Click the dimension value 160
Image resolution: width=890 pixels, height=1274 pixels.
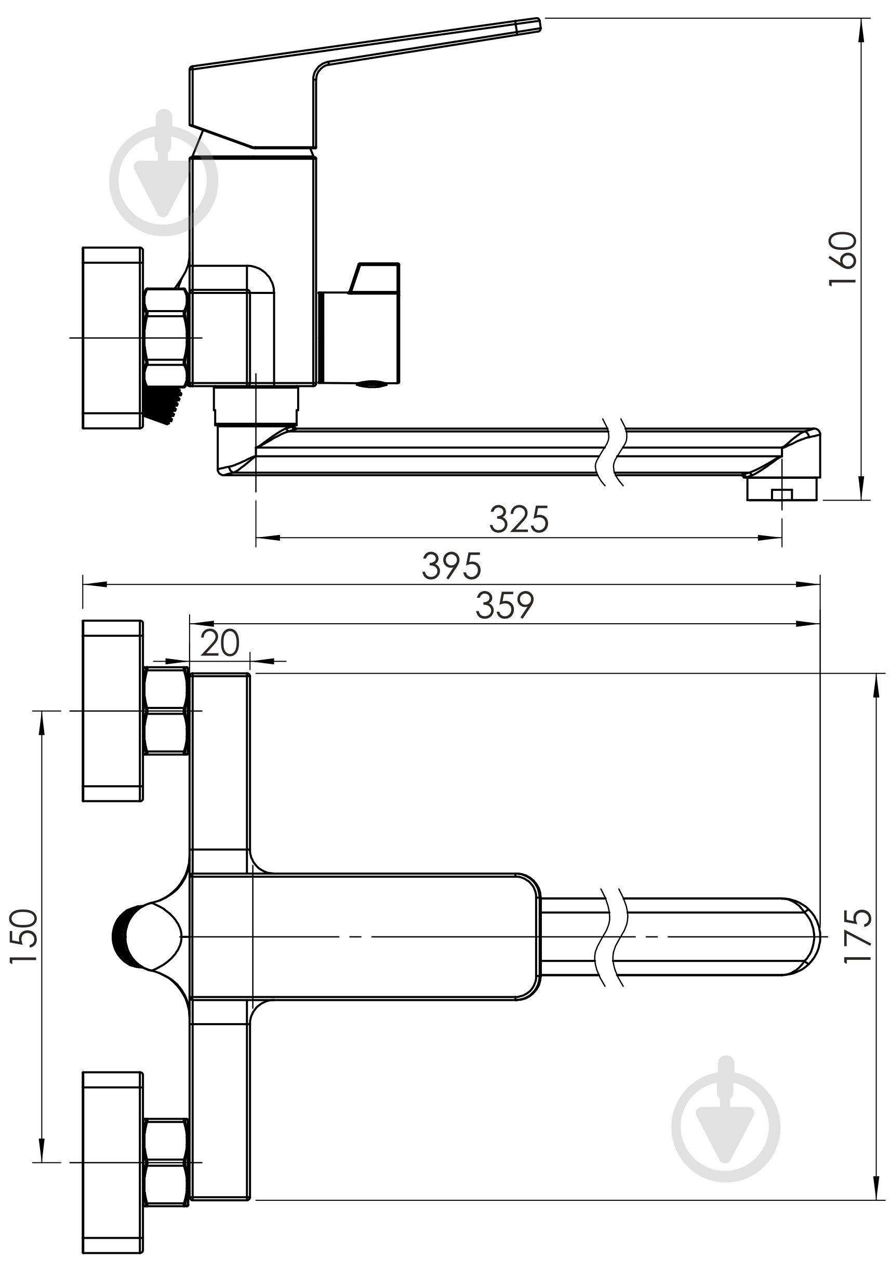pos(843,258)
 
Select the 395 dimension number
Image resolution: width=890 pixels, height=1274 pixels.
pos(451,567)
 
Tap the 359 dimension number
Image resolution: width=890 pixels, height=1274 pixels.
pos(504,606)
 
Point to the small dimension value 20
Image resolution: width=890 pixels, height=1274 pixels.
pos(220,643)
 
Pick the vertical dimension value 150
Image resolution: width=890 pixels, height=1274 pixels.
pos(24,936)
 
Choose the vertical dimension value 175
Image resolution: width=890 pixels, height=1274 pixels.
pos(858,936)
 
